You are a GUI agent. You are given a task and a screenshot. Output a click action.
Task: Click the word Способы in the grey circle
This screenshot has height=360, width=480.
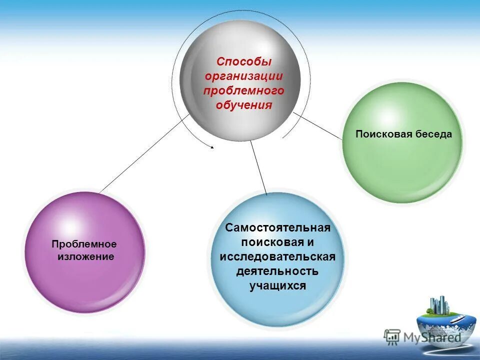click(244, 62)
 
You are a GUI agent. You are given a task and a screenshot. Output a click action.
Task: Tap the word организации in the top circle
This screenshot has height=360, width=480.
click(244, 76)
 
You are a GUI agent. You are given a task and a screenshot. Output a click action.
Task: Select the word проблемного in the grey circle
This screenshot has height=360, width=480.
click(244, 90)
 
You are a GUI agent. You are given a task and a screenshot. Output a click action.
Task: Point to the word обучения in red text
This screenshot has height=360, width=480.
click(244, 105)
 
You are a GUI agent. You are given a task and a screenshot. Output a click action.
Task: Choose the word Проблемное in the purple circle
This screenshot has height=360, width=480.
click(84, 244)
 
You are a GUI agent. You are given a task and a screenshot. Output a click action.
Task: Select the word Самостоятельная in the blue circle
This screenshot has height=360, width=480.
click(278, 228)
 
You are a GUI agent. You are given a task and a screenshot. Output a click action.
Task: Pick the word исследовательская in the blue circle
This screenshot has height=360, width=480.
click(278, 257)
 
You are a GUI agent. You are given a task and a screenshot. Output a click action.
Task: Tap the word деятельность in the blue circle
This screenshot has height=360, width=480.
click(278, 271)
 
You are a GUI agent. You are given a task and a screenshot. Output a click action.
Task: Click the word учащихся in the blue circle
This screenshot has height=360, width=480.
click(278, 286)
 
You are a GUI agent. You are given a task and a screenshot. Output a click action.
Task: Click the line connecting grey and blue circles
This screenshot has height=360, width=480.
click(258, 167)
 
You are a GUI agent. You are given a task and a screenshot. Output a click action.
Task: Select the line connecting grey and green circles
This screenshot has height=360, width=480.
click(318, 125)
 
